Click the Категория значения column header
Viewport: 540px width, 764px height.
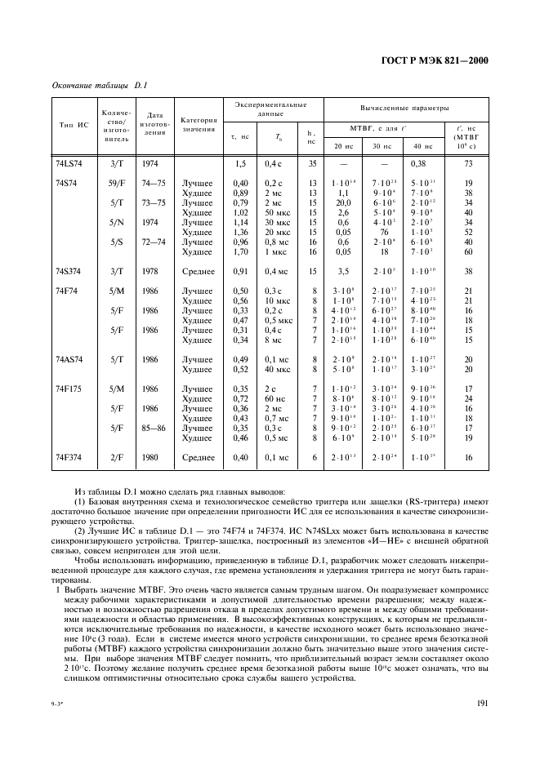(199, 125)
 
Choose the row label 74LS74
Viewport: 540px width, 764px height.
(69, 163)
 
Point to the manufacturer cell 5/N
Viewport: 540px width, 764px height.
(116, 222)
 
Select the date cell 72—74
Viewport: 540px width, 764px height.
(152, 242)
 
